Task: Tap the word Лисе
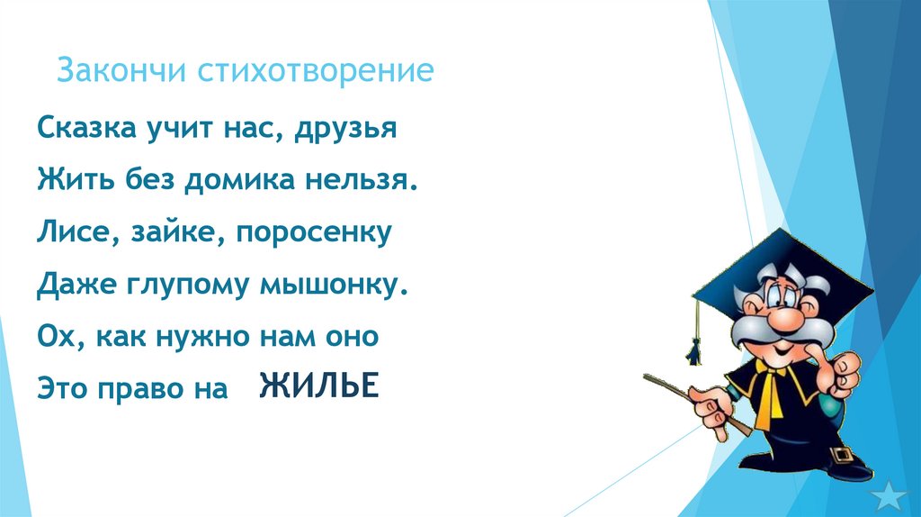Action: tap(73, 233)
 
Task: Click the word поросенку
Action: tap(315, 233)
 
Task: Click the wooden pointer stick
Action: tap(693, 401)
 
